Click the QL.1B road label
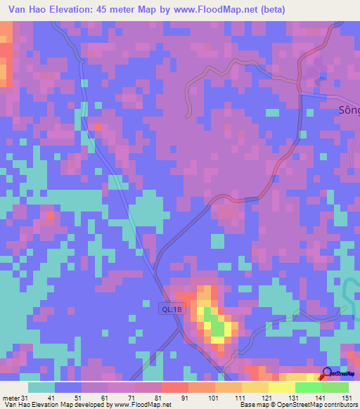[x=171, y=308]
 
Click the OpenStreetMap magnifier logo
[x=327, y=372]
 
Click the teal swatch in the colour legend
[x=41, y=387]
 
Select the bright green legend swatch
[x=309, y=387]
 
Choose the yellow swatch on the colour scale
[x=282, y=387]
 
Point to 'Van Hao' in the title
[x=22, y=8]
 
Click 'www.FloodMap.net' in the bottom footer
[x=141, y=404]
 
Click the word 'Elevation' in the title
[x=71, y=8]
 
